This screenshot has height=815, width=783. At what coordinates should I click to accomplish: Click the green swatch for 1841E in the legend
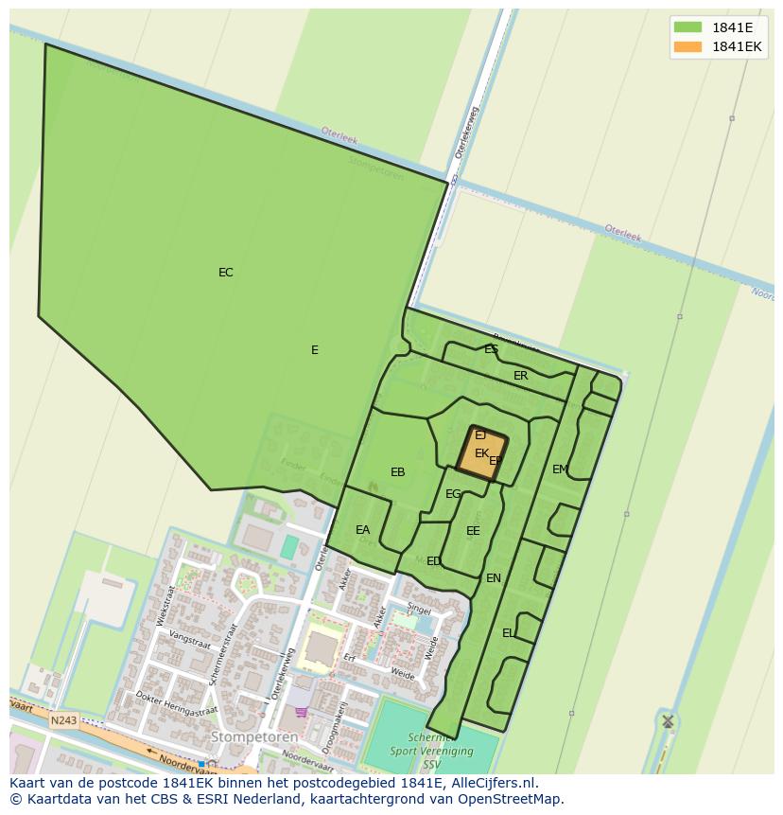tap(687, 27)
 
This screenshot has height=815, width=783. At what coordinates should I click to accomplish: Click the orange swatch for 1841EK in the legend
tap(687, 46)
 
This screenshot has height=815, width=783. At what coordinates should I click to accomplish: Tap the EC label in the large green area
tap(225, 273)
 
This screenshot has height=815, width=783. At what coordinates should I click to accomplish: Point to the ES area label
tap(491, 349)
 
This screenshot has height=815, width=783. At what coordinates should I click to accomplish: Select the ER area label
tap(520, 376)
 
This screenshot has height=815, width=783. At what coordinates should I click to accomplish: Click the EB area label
tap(397, 472)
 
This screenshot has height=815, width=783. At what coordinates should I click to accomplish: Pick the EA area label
tap(362, 530)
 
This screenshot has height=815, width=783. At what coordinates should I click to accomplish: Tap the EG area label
tap(453, 494)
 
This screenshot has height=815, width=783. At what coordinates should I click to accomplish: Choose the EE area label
tap(473, 531)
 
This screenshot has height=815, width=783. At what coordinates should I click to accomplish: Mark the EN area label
tap(493, 578)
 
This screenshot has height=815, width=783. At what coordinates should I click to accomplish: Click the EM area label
tap(560, 470)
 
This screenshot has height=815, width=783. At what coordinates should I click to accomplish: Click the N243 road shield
tap(63, 720)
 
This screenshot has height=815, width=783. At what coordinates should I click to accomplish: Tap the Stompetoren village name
tap(254, 736)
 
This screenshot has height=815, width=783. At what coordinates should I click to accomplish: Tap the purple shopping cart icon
tap(301, 712)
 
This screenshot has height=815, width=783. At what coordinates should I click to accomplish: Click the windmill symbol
tap(668, 721)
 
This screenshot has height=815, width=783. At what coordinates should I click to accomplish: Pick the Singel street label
tap(419, 609)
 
